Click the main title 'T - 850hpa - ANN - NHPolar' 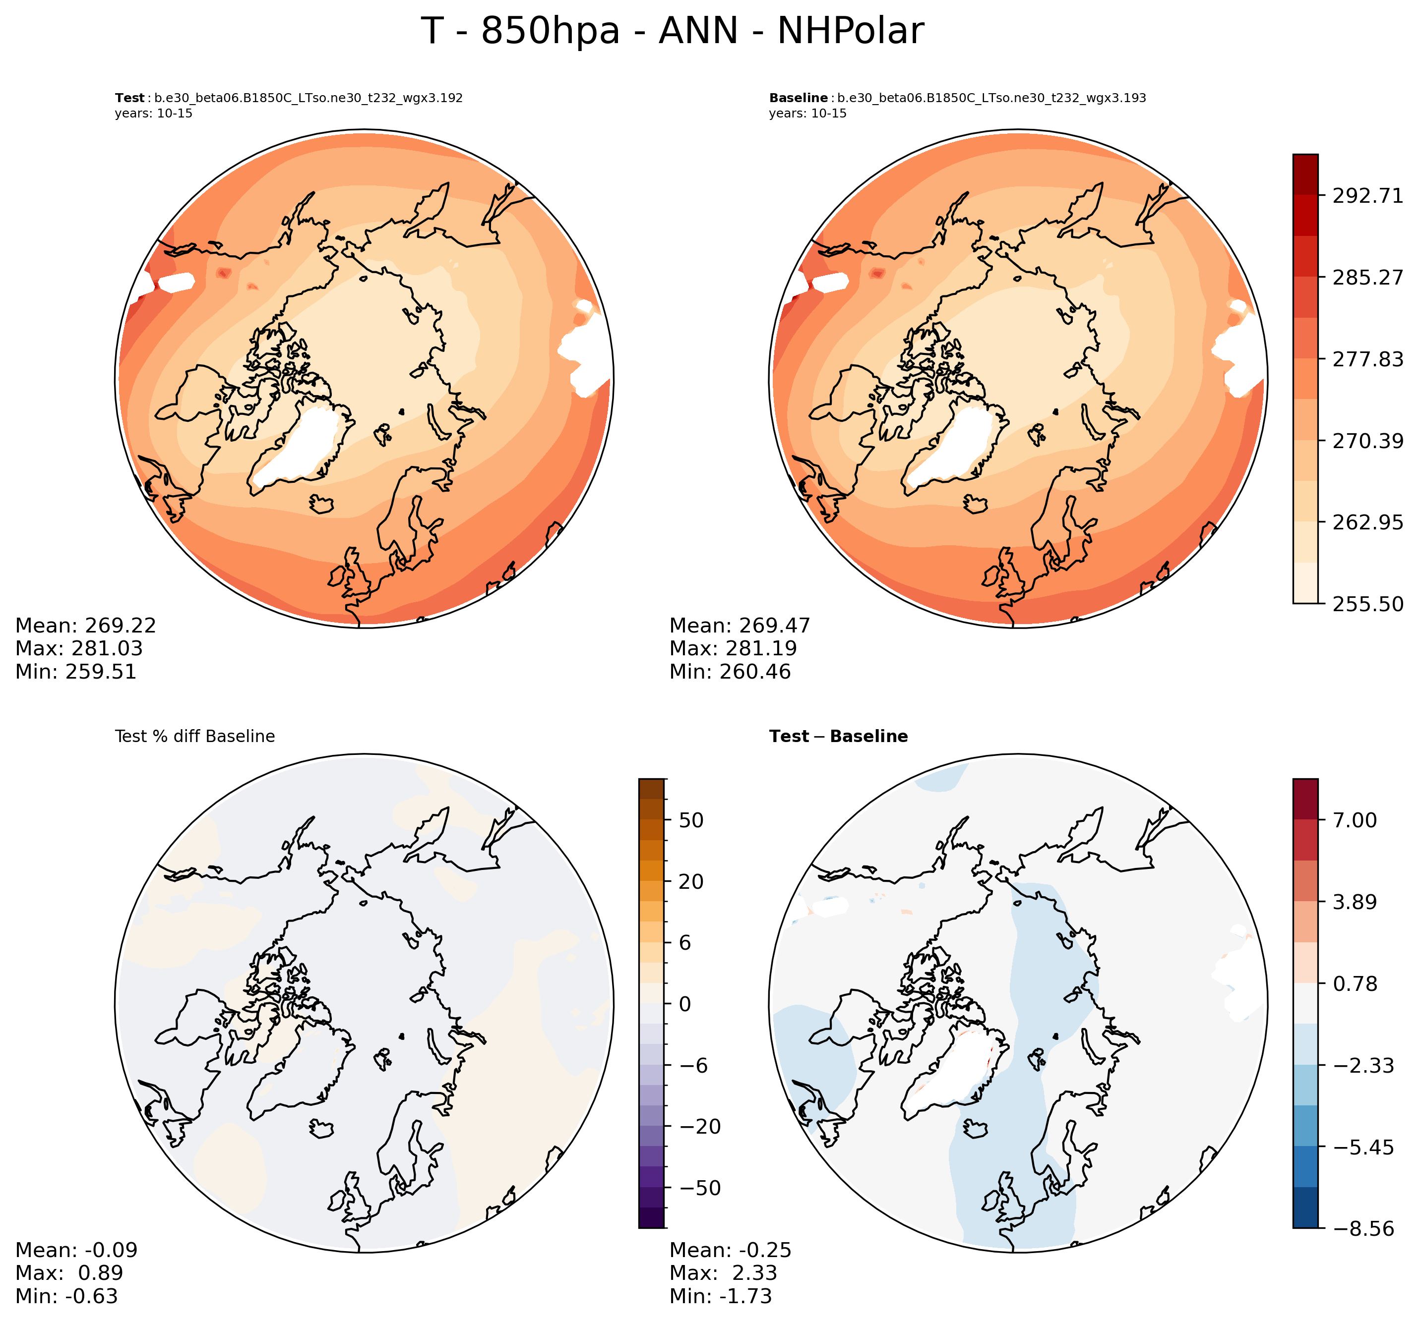(x=673, y=31)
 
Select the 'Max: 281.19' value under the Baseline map (x=733, y=648)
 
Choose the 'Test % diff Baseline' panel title (x=195, y=736)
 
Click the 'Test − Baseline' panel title (x=838, y=736)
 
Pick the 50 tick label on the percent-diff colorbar (x=691, y=820)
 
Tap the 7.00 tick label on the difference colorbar (x=1355, y=820)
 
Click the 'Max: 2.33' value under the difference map (x=723, y=1273)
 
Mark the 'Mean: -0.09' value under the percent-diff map (x=76, y=1250)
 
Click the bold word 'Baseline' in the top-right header (x=798, y=98)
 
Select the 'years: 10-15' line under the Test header (x=153, y=114)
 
